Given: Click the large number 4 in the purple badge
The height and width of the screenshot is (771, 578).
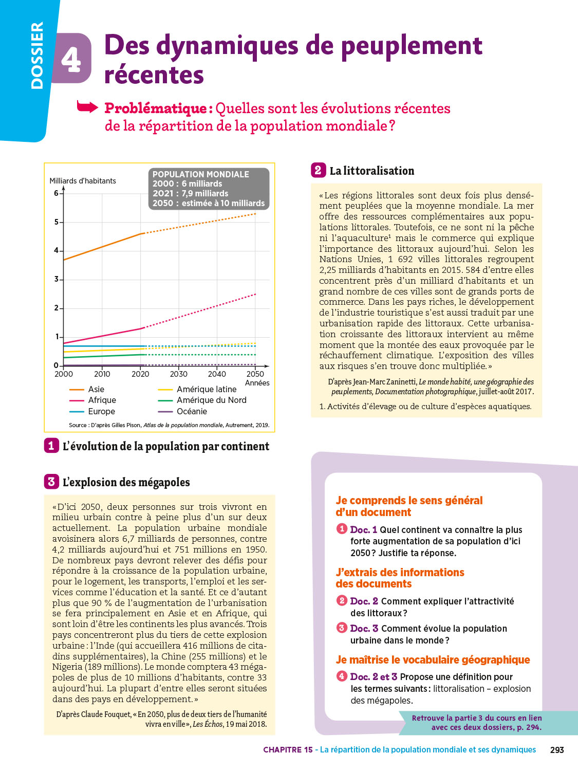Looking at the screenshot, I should point(71,60).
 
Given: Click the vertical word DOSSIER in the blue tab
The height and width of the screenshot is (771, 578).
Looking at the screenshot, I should point(37,56).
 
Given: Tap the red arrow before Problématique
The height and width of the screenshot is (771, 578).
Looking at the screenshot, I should point(87,107).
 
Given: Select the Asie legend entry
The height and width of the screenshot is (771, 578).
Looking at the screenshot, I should point(96,390).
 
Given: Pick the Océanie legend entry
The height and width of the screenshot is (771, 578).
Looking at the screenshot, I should point(192,412).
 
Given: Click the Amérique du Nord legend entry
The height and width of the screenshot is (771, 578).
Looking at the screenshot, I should point(211,400).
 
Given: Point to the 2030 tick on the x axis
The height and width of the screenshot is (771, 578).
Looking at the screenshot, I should point(179,374).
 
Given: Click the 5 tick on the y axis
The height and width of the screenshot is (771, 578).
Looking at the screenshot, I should point(57,222).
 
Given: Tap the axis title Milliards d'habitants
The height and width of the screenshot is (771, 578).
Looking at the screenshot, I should point(83,181).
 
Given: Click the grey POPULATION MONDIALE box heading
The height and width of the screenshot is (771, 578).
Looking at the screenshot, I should point(200,174).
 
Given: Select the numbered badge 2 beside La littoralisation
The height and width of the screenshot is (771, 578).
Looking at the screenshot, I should point(318,170).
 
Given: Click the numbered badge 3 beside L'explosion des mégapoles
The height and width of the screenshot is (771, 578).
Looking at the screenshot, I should point(51,482).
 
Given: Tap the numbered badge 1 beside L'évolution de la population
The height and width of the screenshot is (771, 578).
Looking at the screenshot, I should point(51,446).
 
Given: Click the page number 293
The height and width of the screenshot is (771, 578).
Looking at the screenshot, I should point(557,750).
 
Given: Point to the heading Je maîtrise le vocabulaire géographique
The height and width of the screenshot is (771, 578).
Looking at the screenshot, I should point(433,660).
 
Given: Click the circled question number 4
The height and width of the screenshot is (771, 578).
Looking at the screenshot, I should point(342,676).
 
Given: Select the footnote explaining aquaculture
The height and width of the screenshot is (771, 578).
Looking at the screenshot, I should point(425,407).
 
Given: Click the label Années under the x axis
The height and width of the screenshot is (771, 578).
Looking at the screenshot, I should point(257,383).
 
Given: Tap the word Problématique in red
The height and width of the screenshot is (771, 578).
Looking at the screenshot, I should point(156,108).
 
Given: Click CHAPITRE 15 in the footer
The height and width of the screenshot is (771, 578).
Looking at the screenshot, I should point(288,750).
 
